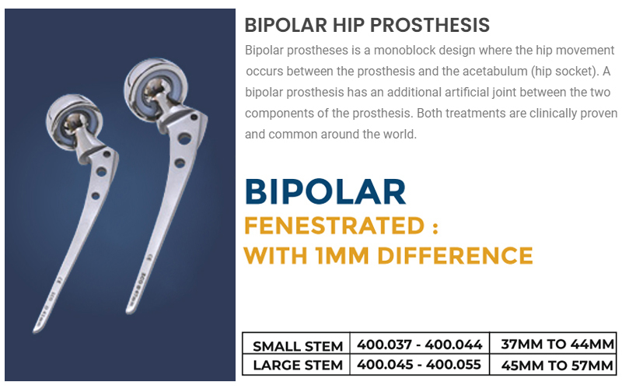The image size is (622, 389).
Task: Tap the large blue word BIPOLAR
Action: [x=325, y=192]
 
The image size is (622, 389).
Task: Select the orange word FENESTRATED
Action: [x=334, y=226]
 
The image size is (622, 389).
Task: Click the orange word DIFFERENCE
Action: [x=455, y=255]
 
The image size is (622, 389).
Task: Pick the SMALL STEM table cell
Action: [x=298, y=346]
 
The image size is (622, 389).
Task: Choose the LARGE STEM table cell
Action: [x=298, y=365]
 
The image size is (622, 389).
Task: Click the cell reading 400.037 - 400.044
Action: [x=420, y=344]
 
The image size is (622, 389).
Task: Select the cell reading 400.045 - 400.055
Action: [x=419, y=364]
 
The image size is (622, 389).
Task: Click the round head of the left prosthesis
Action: [x=74, y=121]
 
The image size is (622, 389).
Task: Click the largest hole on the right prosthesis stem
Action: [x=184, y=138]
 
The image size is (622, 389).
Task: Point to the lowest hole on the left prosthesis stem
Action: [x=95, y=196]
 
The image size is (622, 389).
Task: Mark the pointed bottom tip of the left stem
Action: [x=34, y=331]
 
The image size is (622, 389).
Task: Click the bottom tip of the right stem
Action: [x=128, y=313]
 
